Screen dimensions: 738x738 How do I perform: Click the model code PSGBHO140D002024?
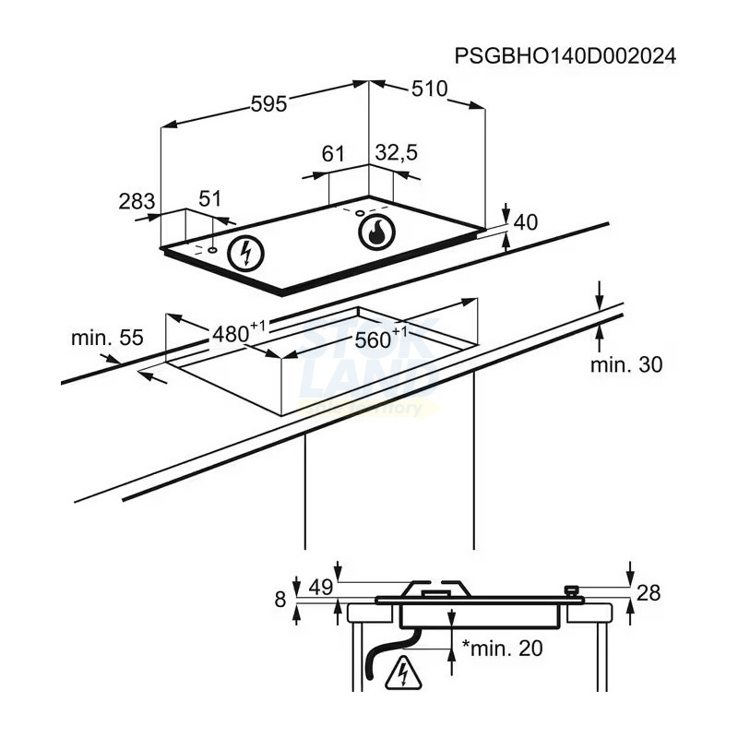[x=565, y=56]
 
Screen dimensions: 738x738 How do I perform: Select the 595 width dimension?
[x=269, y=104]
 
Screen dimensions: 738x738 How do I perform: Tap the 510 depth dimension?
[x=428, y=89]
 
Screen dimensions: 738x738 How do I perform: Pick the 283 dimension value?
[x=137, y=200]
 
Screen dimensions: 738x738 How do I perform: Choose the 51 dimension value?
[x=211, y=198]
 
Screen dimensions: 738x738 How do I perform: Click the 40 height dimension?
[x=525, y=222]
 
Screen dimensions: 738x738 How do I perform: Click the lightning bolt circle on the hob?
[x=245, y=252]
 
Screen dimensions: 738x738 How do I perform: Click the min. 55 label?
[x=107, y=338]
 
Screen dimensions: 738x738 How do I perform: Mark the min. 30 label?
[x=626, y=365]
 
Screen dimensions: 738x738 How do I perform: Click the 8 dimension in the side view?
[x=280, y=600]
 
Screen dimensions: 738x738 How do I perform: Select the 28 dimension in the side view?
[x=649, y=593]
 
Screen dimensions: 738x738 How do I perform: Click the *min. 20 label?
[x=503, y=649]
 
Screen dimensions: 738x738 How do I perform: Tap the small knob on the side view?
[x=572, y=589]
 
